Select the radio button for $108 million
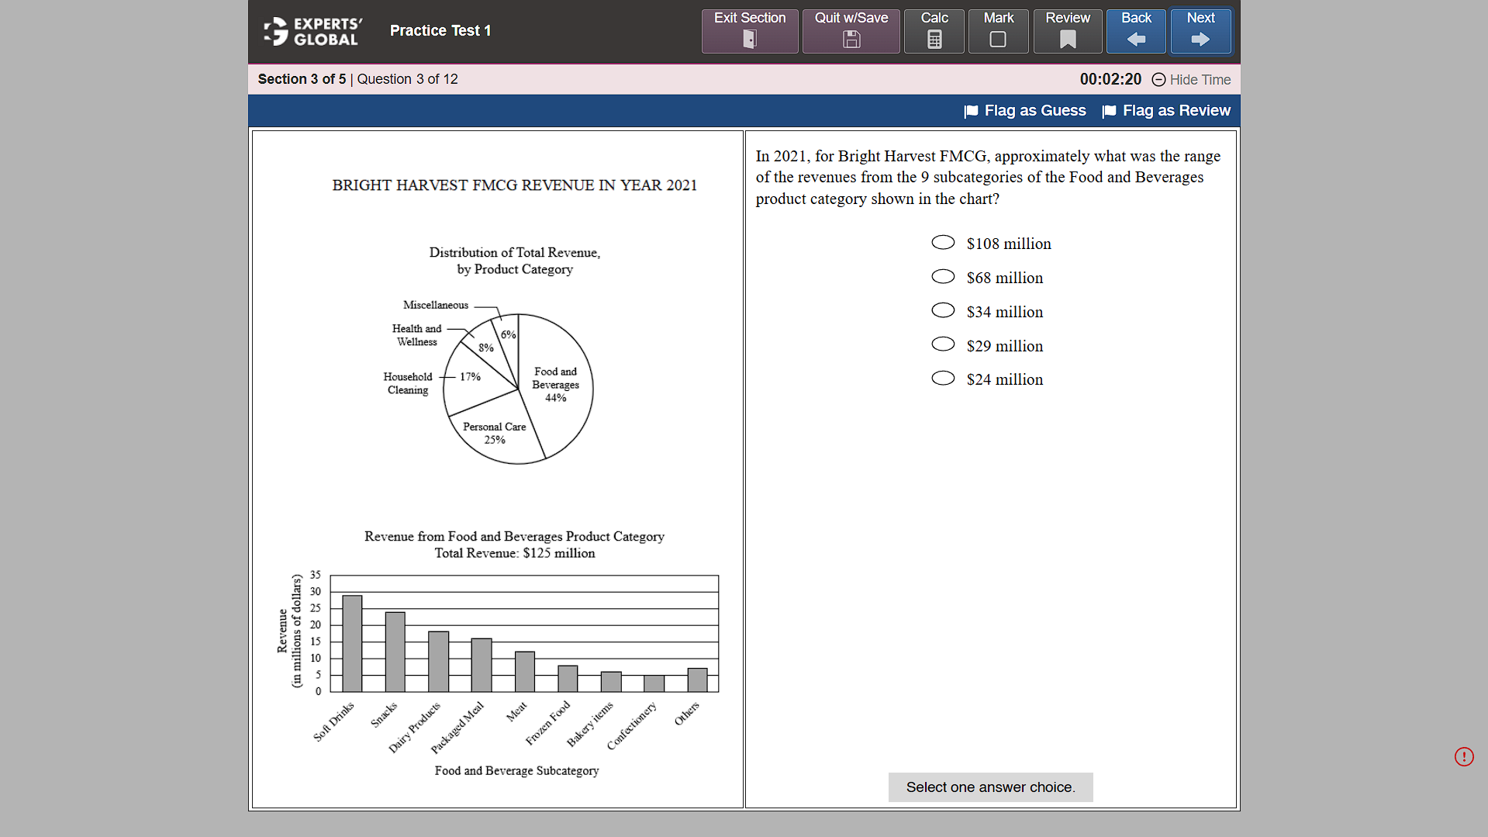943,243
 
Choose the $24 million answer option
943,379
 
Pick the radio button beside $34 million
943,311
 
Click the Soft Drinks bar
352,644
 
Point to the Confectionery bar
654,683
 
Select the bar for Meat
524,672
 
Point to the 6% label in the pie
508,334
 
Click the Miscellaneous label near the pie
436,305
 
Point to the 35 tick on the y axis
316,575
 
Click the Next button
1200,31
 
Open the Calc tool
934,31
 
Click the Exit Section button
749,31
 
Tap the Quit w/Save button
851,31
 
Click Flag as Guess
1025,111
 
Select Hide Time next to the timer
1192,80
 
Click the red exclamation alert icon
1464,756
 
